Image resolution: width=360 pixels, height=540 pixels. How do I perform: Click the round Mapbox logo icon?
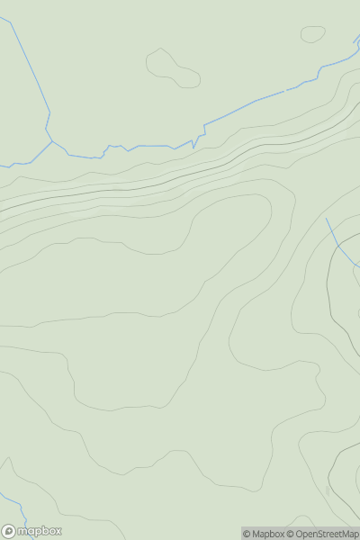(9, 531)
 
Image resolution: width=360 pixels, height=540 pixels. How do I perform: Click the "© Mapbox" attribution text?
(263, 534)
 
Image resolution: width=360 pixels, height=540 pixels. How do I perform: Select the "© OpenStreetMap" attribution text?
(322, 534)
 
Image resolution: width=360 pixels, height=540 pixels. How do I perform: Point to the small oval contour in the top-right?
(312, 34)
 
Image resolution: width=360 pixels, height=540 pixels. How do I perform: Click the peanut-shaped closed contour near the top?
(172, 68)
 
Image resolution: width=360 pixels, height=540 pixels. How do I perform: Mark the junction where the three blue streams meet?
(52, 140)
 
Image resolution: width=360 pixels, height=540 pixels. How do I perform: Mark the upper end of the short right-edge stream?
(327, 218)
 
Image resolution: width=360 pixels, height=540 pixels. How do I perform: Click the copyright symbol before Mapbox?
(247, 534)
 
